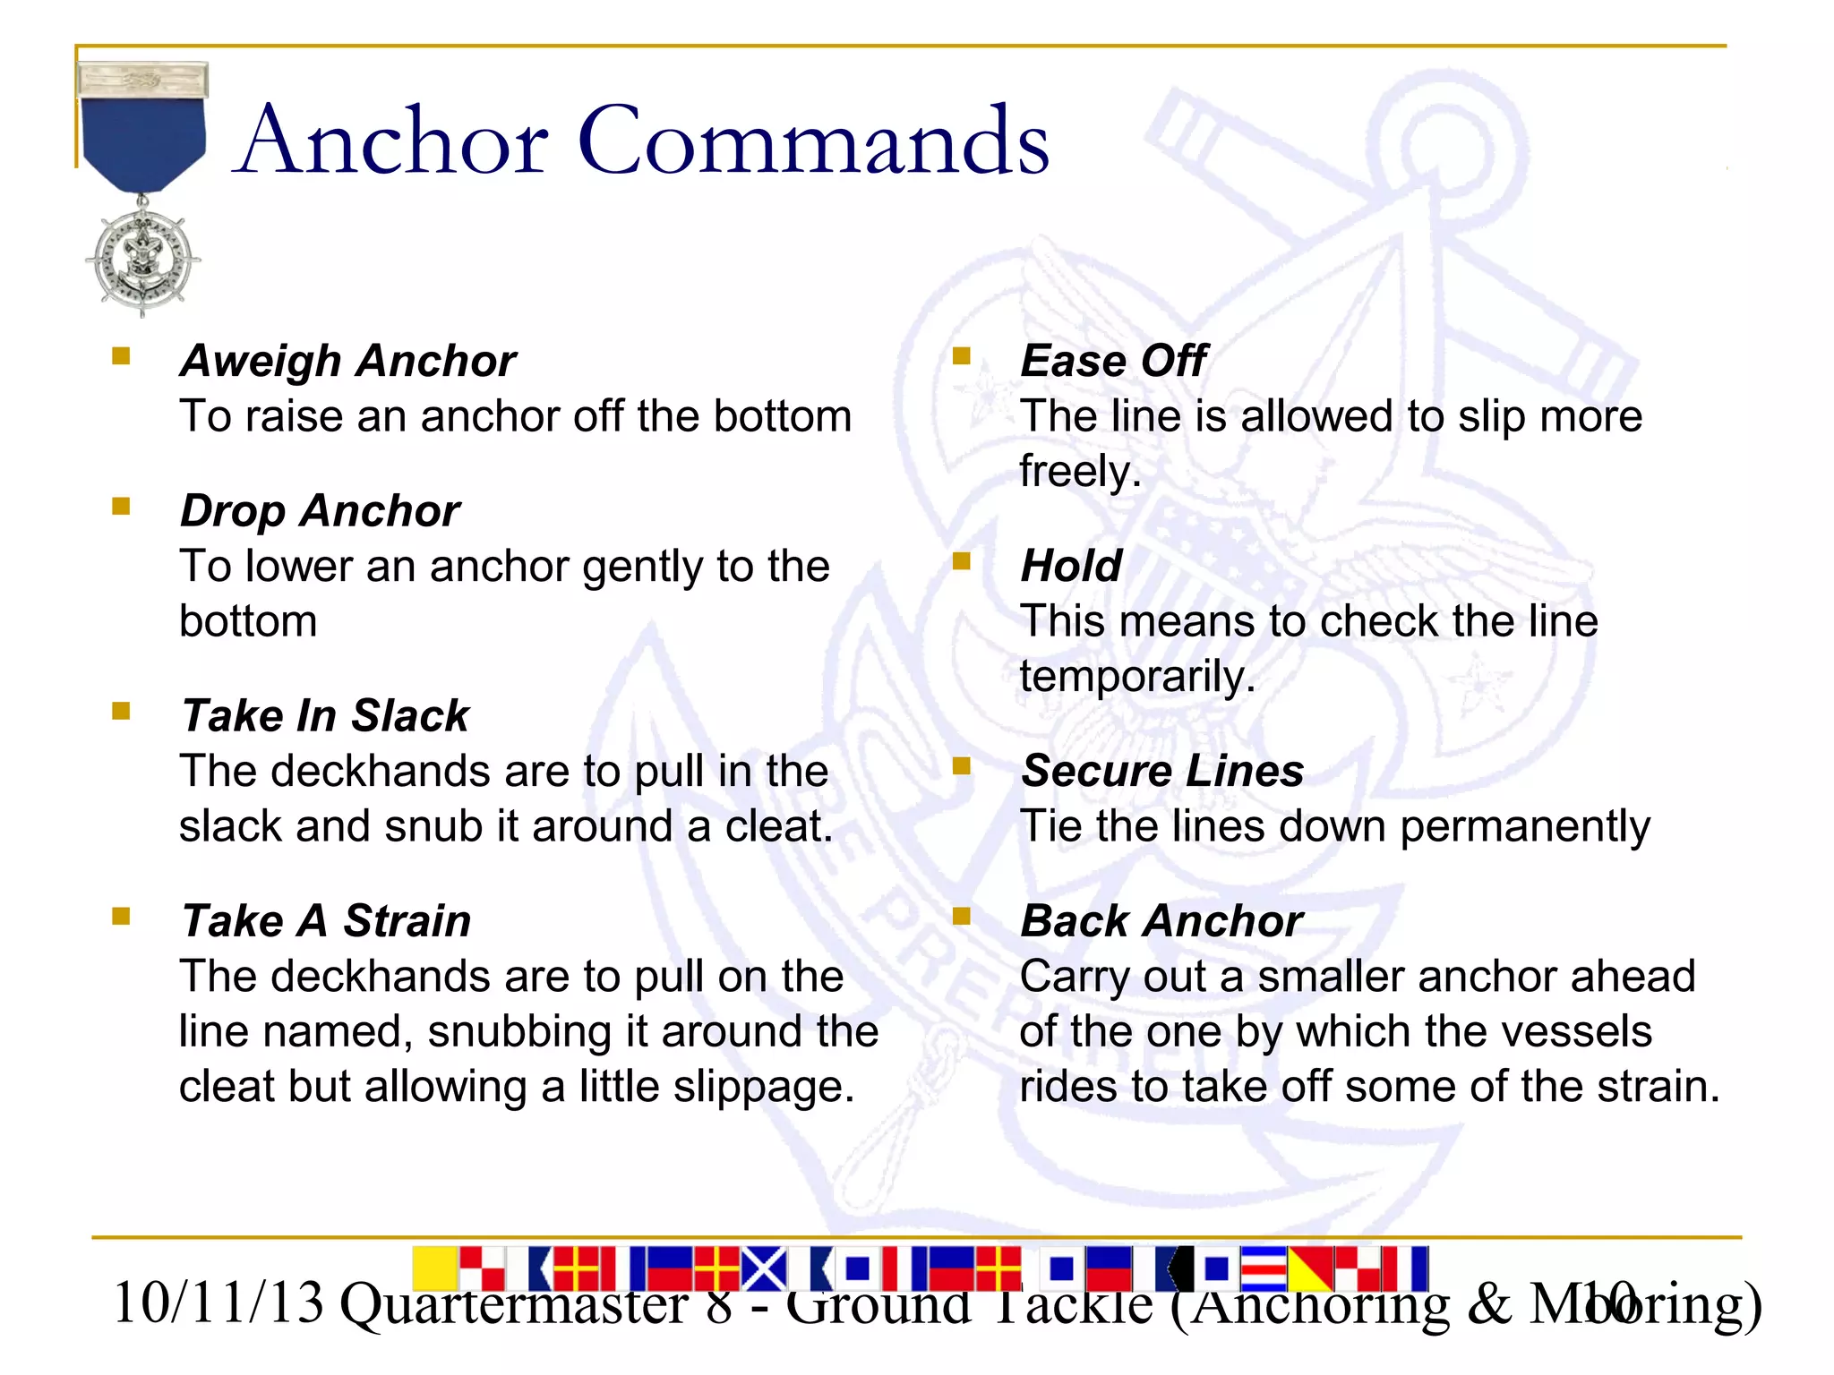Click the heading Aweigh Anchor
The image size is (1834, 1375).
coord(348,361)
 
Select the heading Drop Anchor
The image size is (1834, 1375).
coord(320,510)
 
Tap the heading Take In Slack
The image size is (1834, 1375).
coord(325,715)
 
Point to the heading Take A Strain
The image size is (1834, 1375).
coord(326,920)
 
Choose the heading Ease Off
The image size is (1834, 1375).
coord(1113,361)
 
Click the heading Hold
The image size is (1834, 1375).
coord(1071,566)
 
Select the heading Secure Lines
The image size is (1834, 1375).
coord(1161,771)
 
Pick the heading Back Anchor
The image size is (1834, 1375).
coord(1161,920)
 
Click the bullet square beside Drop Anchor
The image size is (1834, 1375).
coord(121,507)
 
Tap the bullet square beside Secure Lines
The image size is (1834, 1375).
coord(962,765)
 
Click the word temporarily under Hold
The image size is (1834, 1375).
coord(1136,677)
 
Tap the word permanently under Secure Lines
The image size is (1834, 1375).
coord(1524,826)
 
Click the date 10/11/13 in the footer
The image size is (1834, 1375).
coord(218,1302)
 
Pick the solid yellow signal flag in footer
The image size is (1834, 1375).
coord(435,1268)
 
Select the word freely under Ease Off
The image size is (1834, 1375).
coord(1080,472)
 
